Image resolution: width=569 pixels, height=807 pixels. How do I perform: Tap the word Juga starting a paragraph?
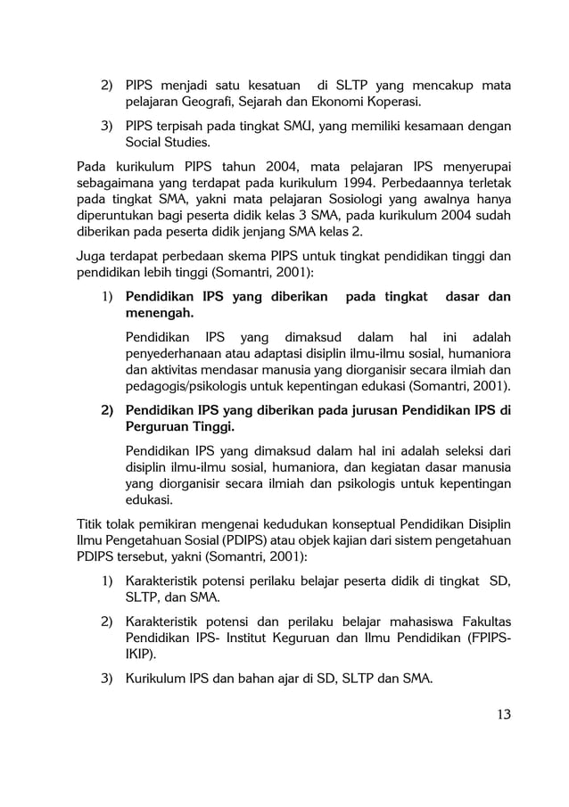(93, 258)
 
